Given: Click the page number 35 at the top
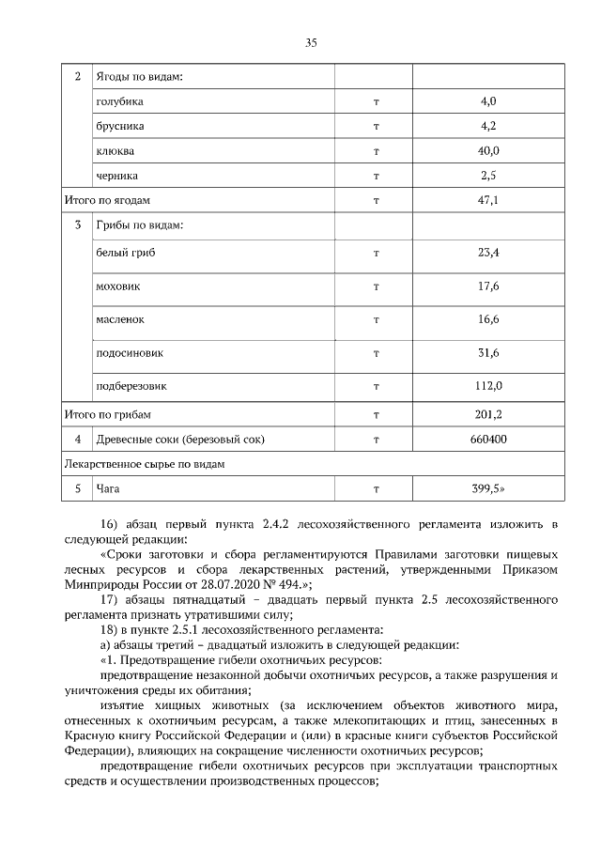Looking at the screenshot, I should pyautogui.click(x=312, y=41).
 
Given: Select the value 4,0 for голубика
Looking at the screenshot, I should pyautogui.click(x=487, y=100).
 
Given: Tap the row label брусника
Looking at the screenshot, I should pyautogui.click(x=119, y=126).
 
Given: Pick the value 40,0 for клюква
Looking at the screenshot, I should pyautogui.click(x=487, y=150).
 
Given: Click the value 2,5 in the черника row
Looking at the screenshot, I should pyautogui.click(x=487, y=176).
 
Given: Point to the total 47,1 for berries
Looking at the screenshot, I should pyautogui.click(x=487, y=201).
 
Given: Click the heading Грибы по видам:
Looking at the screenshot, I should pyautogui.click(x=138, y=226).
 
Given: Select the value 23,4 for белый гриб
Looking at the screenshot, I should pyautogui.click(x=487, y=253).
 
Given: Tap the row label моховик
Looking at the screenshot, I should pyautogui.click(x=118, y=286).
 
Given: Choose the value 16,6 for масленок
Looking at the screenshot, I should pyautogui.click(x=487, y=319).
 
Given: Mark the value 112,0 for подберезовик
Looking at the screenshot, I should pyautogui.click(x=487, y=385).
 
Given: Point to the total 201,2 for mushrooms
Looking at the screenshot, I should pyautogui.click(x=487, y=414).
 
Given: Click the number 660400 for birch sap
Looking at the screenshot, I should pyautogui.click(x=487, y=439).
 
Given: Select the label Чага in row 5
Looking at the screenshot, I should pyautogui.click(x=107, y=488).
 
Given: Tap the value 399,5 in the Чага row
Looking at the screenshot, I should pyautogui.click(x=487, y=488).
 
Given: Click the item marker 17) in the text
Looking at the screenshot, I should pyautogui.click(x=108, y=601).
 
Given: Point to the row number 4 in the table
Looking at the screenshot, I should pyautogui.click(x=78, y=439).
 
